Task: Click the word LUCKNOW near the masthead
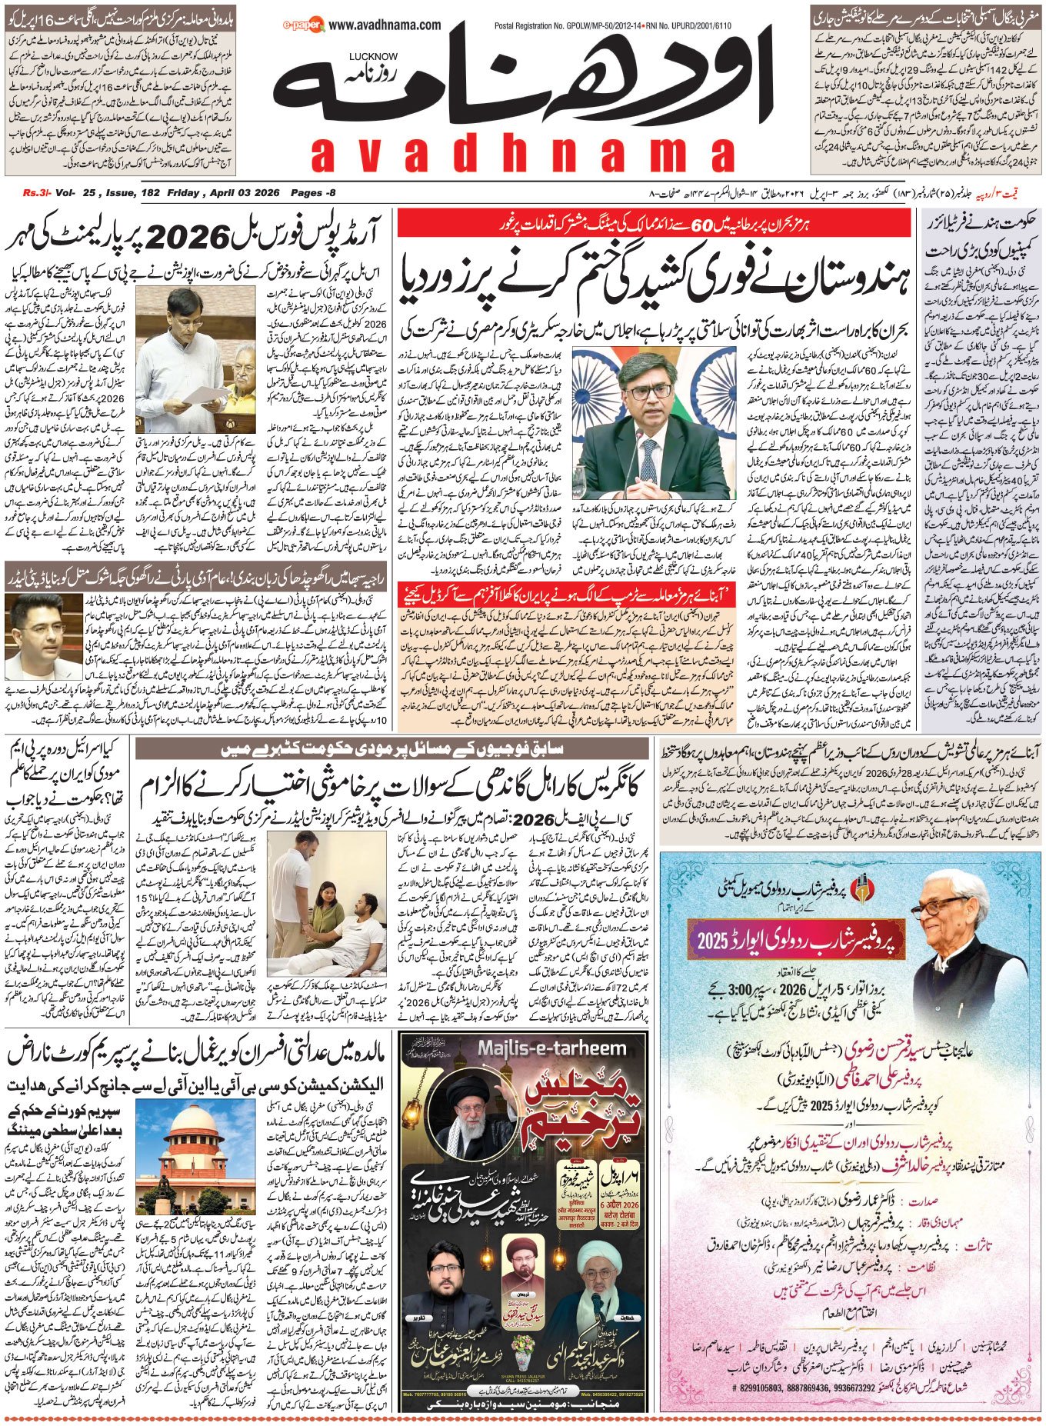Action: pyautogui.click(x=372, y=56)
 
